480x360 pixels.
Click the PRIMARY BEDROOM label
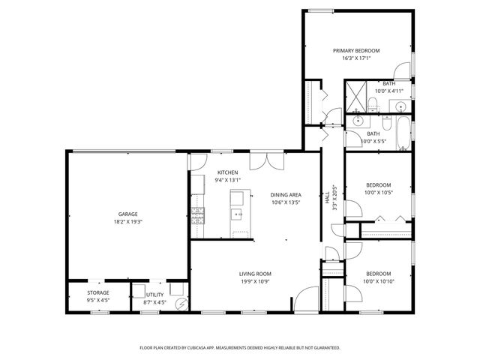click(x=356, y=51)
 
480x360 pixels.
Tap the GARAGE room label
click(x=127, y=214)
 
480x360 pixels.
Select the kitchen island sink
click(x=238, y=214)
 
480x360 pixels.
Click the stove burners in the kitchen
click(x=198, y=217)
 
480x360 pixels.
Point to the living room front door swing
click(x=301, y=298)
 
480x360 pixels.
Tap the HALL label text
click(x=327, y=199)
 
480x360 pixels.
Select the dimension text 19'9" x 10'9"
click(x=255, y=282)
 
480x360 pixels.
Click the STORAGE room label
click(x=97, y=292)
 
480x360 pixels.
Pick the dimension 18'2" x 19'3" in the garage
click(x=127, y=222)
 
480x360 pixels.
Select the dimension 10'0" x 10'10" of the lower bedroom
click(x=378, y=281)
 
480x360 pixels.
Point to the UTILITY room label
click(x=154, y=295)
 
